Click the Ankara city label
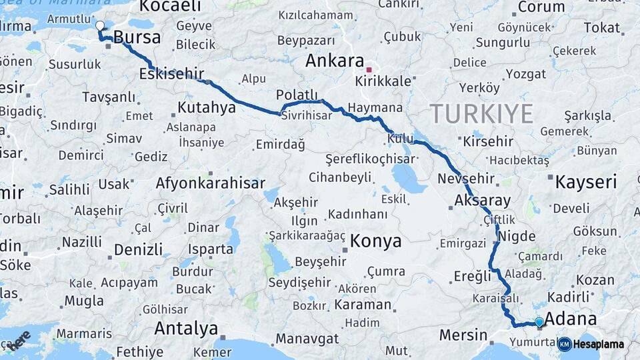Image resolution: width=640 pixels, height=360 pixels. pos(335,61)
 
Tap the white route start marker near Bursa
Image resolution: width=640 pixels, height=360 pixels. pos(100,26)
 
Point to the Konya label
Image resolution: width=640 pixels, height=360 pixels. pos(376,241)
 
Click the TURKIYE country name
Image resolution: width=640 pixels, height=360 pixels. pos(481,114)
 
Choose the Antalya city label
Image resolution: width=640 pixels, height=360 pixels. pos(186,328)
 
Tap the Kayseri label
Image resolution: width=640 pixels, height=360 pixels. pos(586,181)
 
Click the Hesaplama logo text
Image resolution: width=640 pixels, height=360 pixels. pos(599,344)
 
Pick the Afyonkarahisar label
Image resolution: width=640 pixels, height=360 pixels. pos(211,183)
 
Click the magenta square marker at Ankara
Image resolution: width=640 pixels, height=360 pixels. pos(369,69)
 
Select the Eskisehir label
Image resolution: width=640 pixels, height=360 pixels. pos(171,74)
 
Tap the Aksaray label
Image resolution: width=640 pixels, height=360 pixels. pos(482,200)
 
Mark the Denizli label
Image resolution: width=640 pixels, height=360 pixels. pos(139,250)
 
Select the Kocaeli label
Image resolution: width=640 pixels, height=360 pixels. pos(171,7)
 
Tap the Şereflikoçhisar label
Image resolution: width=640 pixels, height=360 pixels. pos(370,159)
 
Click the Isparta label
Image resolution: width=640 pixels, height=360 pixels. pos(211,249)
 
